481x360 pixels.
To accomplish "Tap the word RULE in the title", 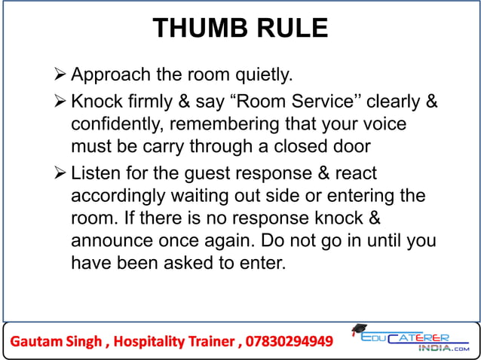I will pyautogui.click(x=291, y=29).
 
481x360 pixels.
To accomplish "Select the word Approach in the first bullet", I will pyautogui.click(x=109, y=75).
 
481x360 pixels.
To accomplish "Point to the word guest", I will pyautogui.click(x=204, y=174).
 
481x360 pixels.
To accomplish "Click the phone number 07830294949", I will pyautogui.click(x=288, y=341).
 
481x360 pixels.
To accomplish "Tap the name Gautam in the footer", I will pyautogui.click(x=35, y=341).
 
